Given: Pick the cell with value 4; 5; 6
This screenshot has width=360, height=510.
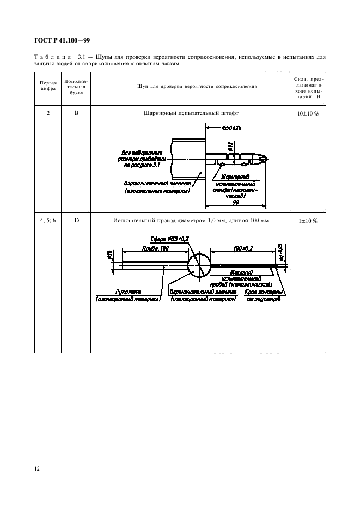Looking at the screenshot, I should pos(48,221).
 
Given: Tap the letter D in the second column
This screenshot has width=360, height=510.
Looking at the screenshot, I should pos(76,221).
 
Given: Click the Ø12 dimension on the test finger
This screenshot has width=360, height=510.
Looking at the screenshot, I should pos(231,145).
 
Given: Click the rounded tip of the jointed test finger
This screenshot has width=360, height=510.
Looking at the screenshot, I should pos(265,159).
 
